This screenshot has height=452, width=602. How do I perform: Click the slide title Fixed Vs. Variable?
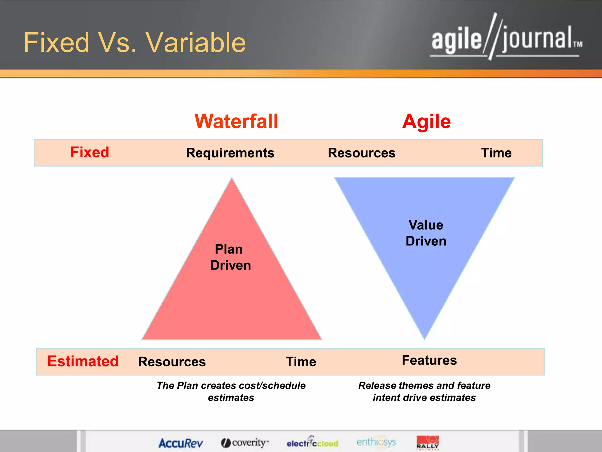click(135, 43)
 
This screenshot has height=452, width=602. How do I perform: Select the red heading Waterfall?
click(236, 121)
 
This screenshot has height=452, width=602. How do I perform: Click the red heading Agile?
click(426, 121)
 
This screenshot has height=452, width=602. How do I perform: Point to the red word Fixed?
click(90, 152)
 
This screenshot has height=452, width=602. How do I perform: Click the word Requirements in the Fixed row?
click(230, 153)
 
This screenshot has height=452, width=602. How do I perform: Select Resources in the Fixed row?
click(362, 153)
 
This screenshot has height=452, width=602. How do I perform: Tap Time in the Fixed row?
click(496, 153)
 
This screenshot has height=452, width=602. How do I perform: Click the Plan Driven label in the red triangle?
click(230, 257)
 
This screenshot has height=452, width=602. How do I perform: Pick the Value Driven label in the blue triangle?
click(426, 233)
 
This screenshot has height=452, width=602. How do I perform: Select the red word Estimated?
click(83, 361)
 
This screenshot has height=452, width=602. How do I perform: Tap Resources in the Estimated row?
click(172, 362)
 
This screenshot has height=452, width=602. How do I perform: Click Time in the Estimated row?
click(301, 362)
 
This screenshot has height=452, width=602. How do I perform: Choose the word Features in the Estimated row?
click(429, 360)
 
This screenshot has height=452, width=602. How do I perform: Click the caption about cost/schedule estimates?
click(231, 391)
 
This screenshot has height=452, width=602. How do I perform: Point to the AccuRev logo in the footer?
click(180, 443)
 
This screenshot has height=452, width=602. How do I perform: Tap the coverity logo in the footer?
click(245, 443)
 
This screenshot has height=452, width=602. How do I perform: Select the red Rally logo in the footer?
click(428, 442)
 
